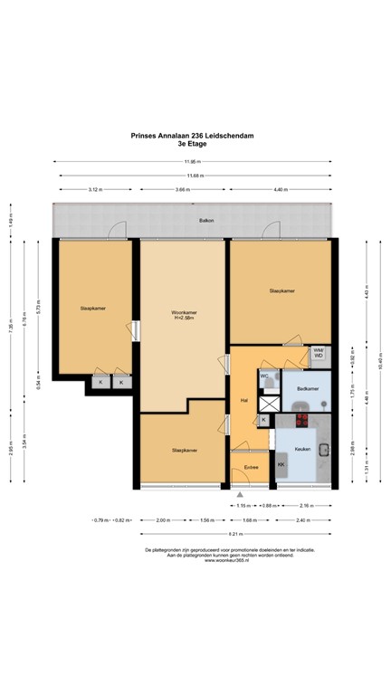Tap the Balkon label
(195, 220)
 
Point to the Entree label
(251, 468)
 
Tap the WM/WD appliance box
(318, 354)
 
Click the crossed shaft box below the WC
(263, 420)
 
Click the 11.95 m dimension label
(194, 163)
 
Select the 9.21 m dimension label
(194, 534)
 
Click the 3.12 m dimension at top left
(95, 189)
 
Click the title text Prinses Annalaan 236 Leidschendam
(195, 136)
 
